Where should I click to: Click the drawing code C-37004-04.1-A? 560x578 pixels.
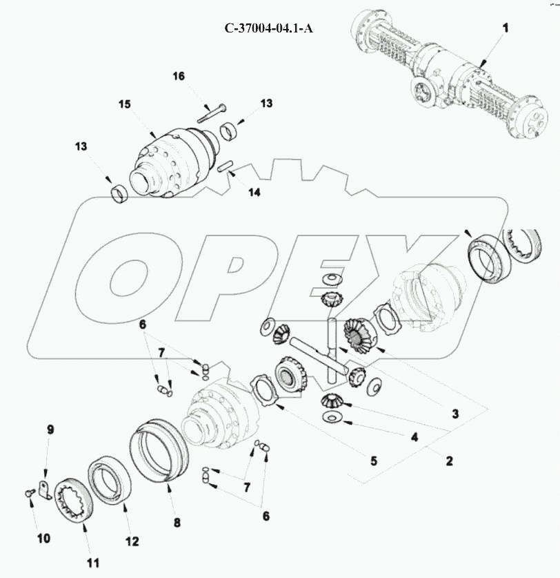[269, 28]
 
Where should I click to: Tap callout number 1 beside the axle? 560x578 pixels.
[506, 28]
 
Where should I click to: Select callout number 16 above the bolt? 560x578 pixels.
[179, 76]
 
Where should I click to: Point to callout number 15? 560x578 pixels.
[125, 104]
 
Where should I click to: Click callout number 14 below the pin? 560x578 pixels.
[254, 192]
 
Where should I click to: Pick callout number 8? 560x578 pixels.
[177, 522]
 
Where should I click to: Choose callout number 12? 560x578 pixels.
[132, 541]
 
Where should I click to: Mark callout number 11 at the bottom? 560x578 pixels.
[93, 563]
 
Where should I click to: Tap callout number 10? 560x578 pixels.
[43, 539]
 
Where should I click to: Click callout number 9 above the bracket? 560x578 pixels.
[50, 430]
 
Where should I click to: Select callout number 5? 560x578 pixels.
[374, 461]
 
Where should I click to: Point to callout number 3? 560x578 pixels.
[455, 414]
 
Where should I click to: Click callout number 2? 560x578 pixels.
[449, 461]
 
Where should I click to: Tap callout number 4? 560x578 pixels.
[414, 437]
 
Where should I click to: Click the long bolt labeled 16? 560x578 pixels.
[212, 113]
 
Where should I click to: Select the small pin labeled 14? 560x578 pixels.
[224, 166]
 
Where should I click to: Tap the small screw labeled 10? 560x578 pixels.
[30, 492]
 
